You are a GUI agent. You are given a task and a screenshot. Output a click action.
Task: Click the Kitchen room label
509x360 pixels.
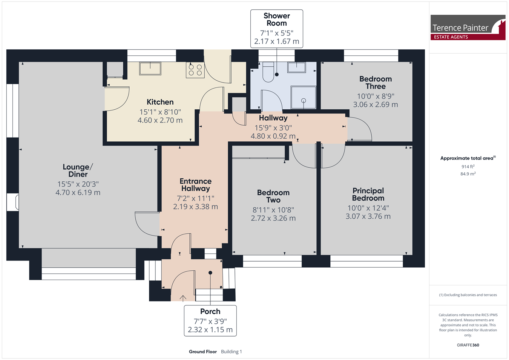(x=160, y=102)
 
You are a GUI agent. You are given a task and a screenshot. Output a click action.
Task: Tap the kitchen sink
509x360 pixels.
(x=150, y=68)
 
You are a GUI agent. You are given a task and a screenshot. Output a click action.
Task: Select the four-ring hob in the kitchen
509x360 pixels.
(x=195, y=70)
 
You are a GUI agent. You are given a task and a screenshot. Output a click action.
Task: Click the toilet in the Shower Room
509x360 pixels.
(x=268, y=72)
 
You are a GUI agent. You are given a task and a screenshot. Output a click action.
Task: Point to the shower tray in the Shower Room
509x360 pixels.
(x=304, y=97)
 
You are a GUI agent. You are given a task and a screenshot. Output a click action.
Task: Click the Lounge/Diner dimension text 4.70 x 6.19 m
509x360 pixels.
(x=78, y=193)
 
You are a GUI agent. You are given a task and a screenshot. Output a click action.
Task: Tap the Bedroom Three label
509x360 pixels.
(x=376, y=83)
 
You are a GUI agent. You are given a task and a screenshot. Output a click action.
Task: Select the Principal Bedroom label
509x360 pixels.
(x=368, y=195)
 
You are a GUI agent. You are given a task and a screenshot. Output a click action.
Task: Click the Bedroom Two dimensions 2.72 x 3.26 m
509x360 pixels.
(x=273, y=218)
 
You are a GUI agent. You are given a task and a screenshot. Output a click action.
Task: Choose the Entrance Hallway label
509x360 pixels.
(x=196, y=185)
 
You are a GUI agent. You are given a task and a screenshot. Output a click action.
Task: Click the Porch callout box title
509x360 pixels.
(x=210, y=311)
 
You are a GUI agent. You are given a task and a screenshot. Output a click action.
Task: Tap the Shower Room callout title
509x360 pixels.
(x=276, y=20)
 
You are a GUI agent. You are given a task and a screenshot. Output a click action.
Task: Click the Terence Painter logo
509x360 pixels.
(x=468, y=28)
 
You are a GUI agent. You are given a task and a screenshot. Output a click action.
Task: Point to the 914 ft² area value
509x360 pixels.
(x=468, y=167)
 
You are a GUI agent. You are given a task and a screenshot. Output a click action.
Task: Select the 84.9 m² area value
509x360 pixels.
(x=468, y=174)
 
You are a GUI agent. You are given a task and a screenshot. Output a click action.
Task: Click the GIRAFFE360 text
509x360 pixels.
(x=468, y=345)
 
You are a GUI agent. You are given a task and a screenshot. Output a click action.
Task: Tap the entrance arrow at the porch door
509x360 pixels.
(x=183, y=298)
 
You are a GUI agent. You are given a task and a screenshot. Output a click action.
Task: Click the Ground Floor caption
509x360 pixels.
(x=203, y=352)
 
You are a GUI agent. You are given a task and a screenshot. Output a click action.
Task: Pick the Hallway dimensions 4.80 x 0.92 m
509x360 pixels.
(x=273, y=136)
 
